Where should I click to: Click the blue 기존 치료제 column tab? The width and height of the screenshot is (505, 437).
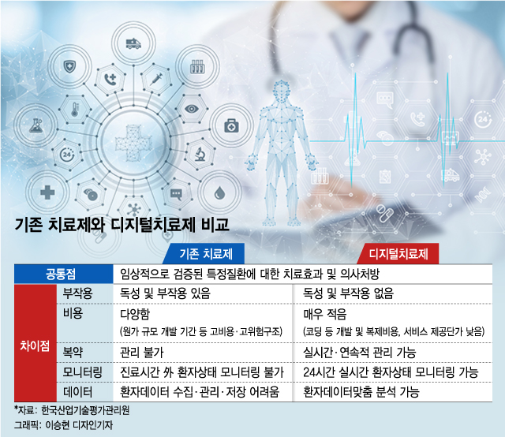[204, 254]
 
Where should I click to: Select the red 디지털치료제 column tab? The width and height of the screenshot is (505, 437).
[398, 254]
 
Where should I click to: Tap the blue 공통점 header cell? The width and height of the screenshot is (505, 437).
[63, 274]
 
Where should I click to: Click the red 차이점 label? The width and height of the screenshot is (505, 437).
[35, 345]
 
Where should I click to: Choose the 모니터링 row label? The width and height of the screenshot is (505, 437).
[82, 372]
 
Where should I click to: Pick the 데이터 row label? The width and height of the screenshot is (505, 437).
[77, 392]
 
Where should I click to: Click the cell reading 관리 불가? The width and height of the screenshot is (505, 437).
[142, 353]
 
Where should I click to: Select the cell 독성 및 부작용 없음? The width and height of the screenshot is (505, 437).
[348, 293]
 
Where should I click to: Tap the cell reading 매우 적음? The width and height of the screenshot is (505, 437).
[324, 314]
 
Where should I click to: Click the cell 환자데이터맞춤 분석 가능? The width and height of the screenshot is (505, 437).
[361, 392]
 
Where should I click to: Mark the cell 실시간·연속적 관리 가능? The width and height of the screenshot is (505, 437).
[360, 353]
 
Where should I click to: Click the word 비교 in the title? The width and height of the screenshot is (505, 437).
[215, 225]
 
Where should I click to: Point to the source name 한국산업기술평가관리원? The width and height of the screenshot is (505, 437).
[85, 410]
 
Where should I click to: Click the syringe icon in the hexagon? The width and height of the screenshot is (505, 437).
[156, 78]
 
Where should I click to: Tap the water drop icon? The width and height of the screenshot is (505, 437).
[219, 193]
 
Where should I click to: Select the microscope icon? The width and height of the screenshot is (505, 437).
[200, 154]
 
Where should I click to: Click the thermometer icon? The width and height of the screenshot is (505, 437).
[75, 110]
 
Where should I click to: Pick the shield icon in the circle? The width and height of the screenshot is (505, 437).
[69, 67]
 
